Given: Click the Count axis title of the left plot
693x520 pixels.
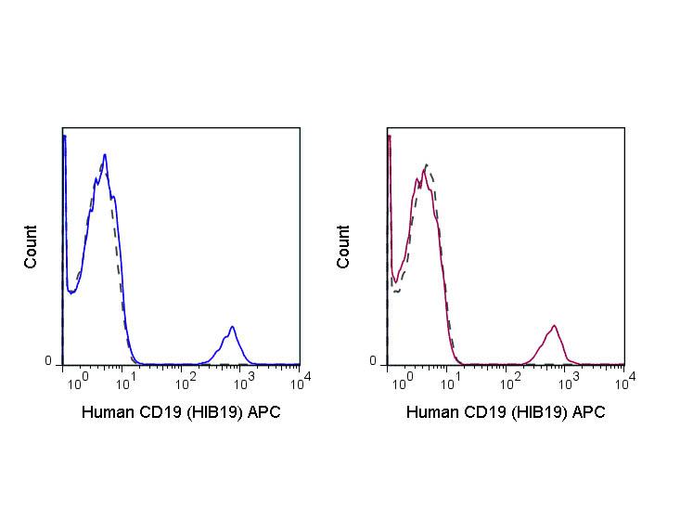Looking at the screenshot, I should click(x=32, y=247).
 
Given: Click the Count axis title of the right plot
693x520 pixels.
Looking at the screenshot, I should click(x=344, y=247).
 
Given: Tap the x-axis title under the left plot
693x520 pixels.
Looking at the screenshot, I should click(x=181, y=412).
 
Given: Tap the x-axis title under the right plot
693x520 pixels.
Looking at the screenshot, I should click(x=506, y=412).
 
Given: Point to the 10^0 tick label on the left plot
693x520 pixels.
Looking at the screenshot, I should click(x=79, y=379).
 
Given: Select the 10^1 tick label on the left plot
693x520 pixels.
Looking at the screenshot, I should click(x=132, y=379).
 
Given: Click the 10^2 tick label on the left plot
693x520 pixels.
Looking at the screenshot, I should click(x=186, y=379).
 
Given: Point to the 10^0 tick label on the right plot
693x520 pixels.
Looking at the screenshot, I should click(x=399, y=379).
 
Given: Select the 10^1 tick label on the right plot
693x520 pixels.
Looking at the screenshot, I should click(x=455, y=379).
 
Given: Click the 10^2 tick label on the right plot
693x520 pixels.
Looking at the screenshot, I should click(x=510, y=379).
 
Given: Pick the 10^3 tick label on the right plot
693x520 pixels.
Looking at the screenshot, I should click(x=567, y=379).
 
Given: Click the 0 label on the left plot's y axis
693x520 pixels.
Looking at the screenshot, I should click(x=48, y=361).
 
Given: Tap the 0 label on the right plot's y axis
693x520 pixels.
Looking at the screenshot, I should click(x=373, y=361).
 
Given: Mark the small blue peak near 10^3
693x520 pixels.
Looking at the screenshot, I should click(x=232, y=328).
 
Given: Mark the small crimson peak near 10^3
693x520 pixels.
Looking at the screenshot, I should click(x=554, y=327).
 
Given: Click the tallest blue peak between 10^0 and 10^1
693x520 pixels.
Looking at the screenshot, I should click(x=105, y=156).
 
